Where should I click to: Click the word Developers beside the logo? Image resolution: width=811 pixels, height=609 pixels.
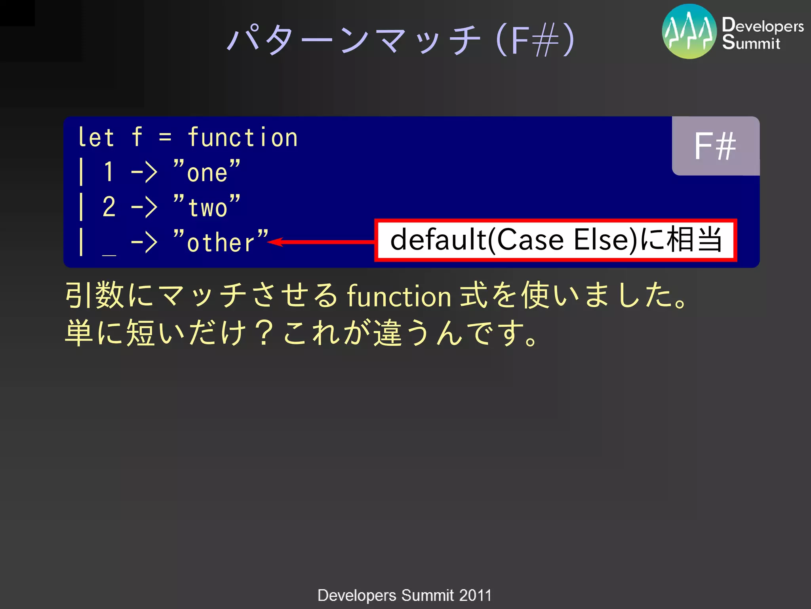762,25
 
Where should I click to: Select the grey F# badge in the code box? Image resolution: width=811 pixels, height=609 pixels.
715,146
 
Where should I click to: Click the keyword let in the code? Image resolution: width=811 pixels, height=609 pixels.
96,138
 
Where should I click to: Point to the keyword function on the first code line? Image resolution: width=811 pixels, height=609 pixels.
242,138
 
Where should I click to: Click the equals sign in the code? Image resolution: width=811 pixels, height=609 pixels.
165,138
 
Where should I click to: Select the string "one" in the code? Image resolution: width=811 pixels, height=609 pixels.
207,172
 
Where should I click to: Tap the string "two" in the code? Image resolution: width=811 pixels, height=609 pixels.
207,207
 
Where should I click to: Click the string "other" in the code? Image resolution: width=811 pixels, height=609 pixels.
221,242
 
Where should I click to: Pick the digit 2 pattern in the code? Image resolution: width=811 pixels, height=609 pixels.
109,207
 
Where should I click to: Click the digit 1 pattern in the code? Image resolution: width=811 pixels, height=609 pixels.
109,172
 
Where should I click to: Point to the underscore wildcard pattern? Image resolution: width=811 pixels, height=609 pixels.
109,254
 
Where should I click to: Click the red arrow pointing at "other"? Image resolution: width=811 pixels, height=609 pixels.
321,242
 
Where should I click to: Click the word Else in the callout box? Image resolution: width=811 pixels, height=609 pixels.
604,240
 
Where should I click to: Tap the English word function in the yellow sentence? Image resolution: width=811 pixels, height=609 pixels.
399,297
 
